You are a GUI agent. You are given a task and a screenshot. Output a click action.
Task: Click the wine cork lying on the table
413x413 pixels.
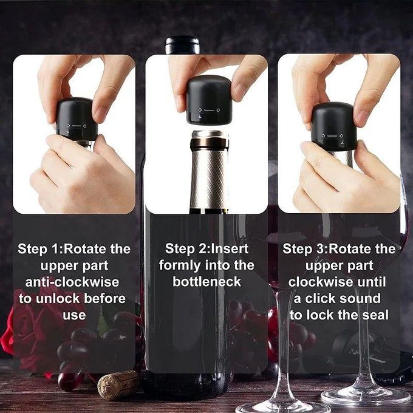coord(118,384)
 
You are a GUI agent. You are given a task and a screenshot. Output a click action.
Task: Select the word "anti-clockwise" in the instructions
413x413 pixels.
coord(72,282)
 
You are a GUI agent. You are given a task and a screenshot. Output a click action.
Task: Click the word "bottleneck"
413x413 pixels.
coord(206,282)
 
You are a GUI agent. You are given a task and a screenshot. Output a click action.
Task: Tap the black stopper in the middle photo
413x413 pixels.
coord(208,100)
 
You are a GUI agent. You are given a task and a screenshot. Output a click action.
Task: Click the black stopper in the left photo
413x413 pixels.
coord(77,118)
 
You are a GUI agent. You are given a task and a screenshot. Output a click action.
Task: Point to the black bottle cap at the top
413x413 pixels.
coord(182,45)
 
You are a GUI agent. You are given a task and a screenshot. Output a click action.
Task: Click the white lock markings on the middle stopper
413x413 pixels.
coord(209,112)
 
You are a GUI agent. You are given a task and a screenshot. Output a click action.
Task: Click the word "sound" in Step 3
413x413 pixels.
coord(360,298)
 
